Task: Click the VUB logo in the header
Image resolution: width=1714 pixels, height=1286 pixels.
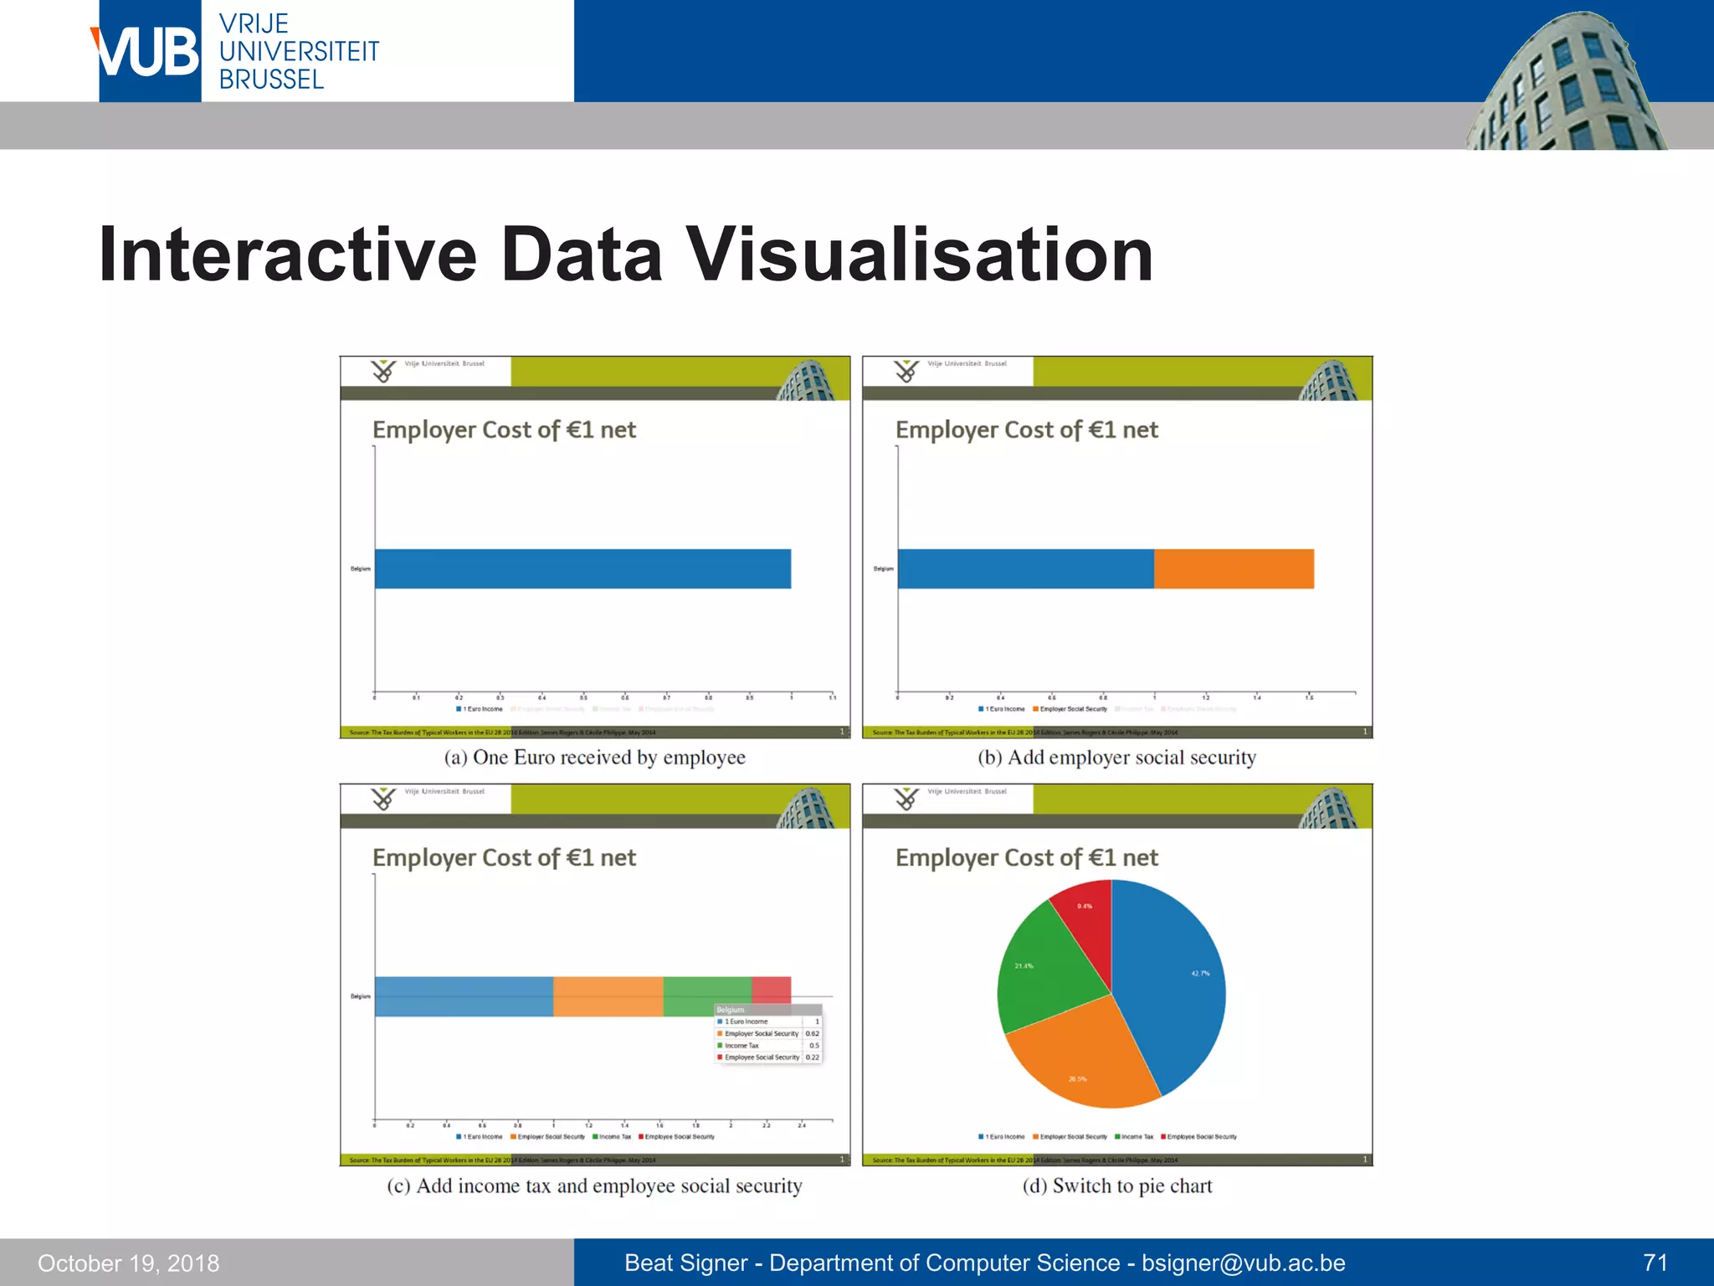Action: tap(149, 52)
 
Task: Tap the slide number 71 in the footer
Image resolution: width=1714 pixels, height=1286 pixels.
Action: tap(1655, 1262)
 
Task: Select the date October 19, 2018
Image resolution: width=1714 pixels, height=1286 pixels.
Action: tap(128, 1263)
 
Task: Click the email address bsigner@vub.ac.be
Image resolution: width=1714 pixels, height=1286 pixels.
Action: tap(1243, 1263)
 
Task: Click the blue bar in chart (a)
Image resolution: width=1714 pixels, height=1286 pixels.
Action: tap(582, 568)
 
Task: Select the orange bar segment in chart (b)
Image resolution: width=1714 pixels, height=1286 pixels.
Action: tap(1234, 568)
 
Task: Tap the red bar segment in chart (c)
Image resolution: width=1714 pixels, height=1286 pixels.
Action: tap(772, 988)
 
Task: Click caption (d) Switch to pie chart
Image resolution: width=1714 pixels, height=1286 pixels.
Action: tap(1116, 1186)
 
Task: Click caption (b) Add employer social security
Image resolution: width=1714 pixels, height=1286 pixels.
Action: tap(1116, 757)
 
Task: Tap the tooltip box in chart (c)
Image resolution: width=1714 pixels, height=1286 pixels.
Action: tap(767, 1034)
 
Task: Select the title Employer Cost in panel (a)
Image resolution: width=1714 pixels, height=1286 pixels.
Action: tap(504, 430)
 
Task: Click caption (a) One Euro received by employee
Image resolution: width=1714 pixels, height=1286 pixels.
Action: tap(594, 757)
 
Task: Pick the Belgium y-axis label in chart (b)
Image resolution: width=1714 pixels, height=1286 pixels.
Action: tap(883, 568)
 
